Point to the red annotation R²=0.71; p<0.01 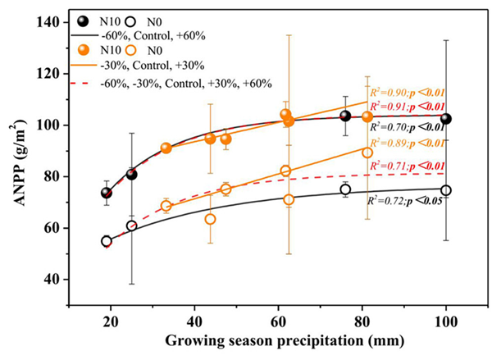(x=407, y=166)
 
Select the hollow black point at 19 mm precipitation (x=107, y=241)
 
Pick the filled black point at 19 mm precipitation (x=107, y=193)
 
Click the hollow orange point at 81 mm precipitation (x=367, y=153)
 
